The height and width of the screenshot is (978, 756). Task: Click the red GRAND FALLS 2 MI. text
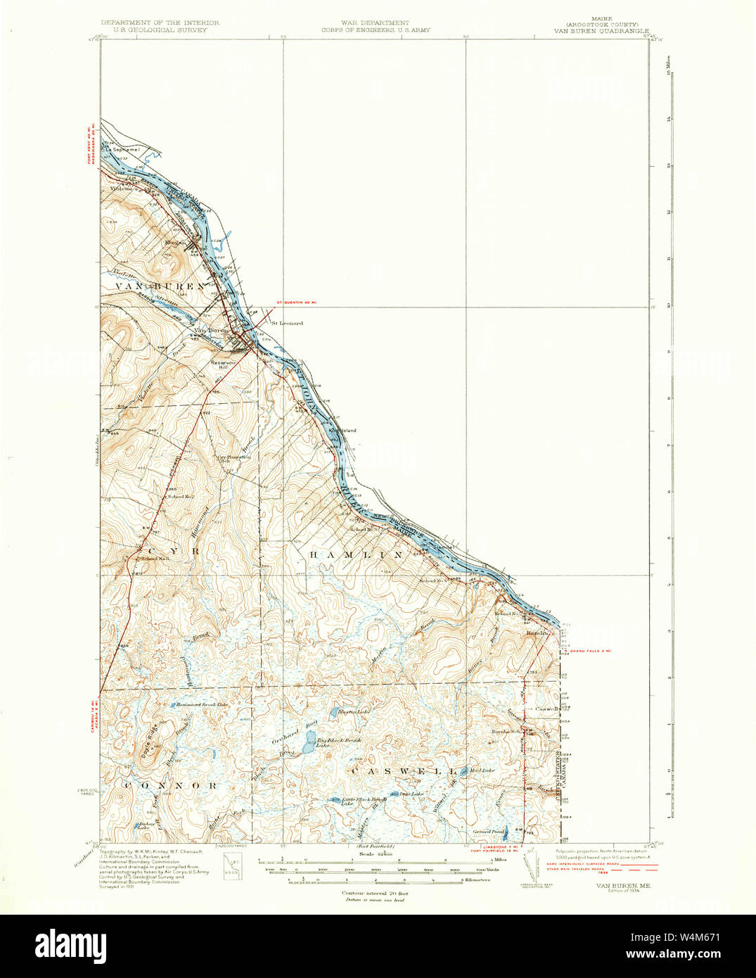click(x=590, y=651)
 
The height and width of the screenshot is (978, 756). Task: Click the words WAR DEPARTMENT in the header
click(x=376, y=23)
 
